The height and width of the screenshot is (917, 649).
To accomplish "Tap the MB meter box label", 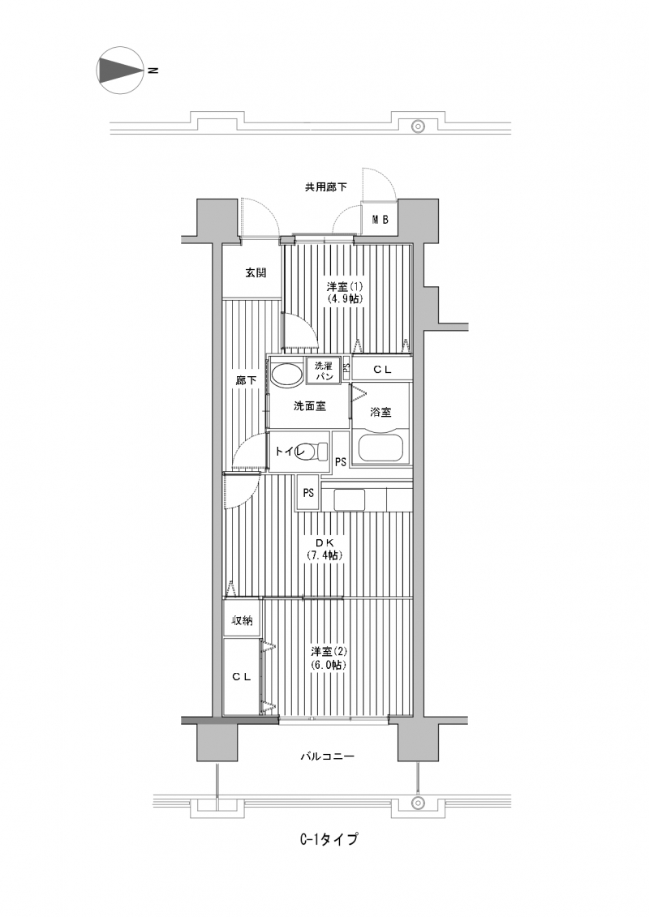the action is click(x=381, y=220).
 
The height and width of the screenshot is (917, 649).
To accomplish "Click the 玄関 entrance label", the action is click(x=256, y=272).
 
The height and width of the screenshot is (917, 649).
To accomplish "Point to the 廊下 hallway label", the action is click(x=246, y=380).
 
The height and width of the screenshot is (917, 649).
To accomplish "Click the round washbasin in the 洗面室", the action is click(x=286, y=374).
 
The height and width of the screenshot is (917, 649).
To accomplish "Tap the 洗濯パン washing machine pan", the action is click(x=324, y=371).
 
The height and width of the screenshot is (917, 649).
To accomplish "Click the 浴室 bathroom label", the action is click(x=380, y=412).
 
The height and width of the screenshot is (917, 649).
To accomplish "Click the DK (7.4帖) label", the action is click(x=324, y=549).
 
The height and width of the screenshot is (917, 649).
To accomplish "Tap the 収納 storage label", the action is click(x=242, y=620).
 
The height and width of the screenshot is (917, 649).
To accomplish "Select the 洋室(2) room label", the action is click(x=329, y=652).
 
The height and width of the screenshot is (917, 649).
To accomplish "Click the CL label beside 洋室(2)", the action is click(x=242, y=677).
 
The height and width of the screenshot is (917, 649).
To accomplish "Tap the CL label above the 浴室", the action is click(x=382, y=370).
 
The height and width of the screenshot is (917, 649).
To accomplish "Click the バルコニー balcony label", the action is click(x=328, y=756).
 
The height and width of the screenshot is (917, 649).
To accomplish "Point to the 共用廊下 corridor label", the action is click(x=325, y=187).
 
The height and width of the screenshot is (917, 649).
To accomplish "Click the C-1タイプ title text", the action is click(x=329, y=839).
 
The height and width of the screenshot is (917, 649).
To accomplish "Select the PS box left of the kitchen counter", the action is click(x=308, y=493).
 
